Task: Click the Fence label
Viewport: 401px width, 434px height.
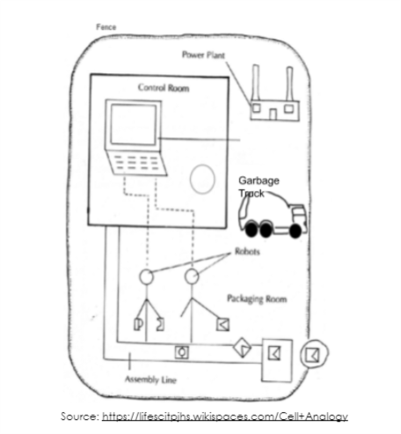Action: click(106, 27)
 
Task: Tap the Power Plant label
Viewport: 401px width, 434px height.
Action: click(203, 55)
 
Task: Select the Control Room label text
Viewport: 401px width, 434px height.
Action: click(164, 87)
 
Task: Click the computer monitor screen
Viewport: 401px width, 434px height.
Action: click(134, 124)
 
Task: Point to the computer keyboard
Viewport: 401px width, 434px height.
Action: click(136, 163)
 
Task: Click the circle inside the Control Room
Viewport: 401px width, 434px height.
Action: click(202, 166)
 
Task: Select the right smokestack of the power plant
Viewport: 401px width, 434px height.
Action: click(289, 85)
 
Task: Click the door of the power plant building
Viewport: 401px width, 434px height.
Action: click(273, 114)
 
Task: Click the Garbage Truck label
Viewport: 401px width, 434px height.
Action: click(259, 187)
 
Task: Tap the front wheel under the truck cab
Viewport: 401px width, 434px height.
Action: click(295, 231)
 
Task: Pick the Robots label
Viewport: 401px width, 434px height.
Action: click(247, 252)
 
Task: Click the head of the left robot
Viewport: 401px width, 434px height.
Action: click(146, 276)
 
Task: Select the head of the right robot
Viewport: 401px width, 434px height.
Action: click(192, 276)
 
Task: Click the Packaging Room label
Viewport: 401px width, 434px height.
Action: click(257, 298)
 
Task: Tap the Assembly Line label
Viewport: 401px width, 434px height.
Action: click(150, 379)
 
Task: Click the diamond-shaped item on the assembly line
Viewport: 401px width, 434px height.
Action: click(242, 348)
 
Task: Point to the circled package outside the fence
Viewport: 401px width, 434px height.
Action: click(314, 354)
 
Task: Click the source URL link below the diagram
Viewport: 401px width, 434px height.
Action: click(225, 416)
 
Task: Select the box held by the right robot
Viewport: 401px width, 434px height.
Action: click(222, 325)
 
